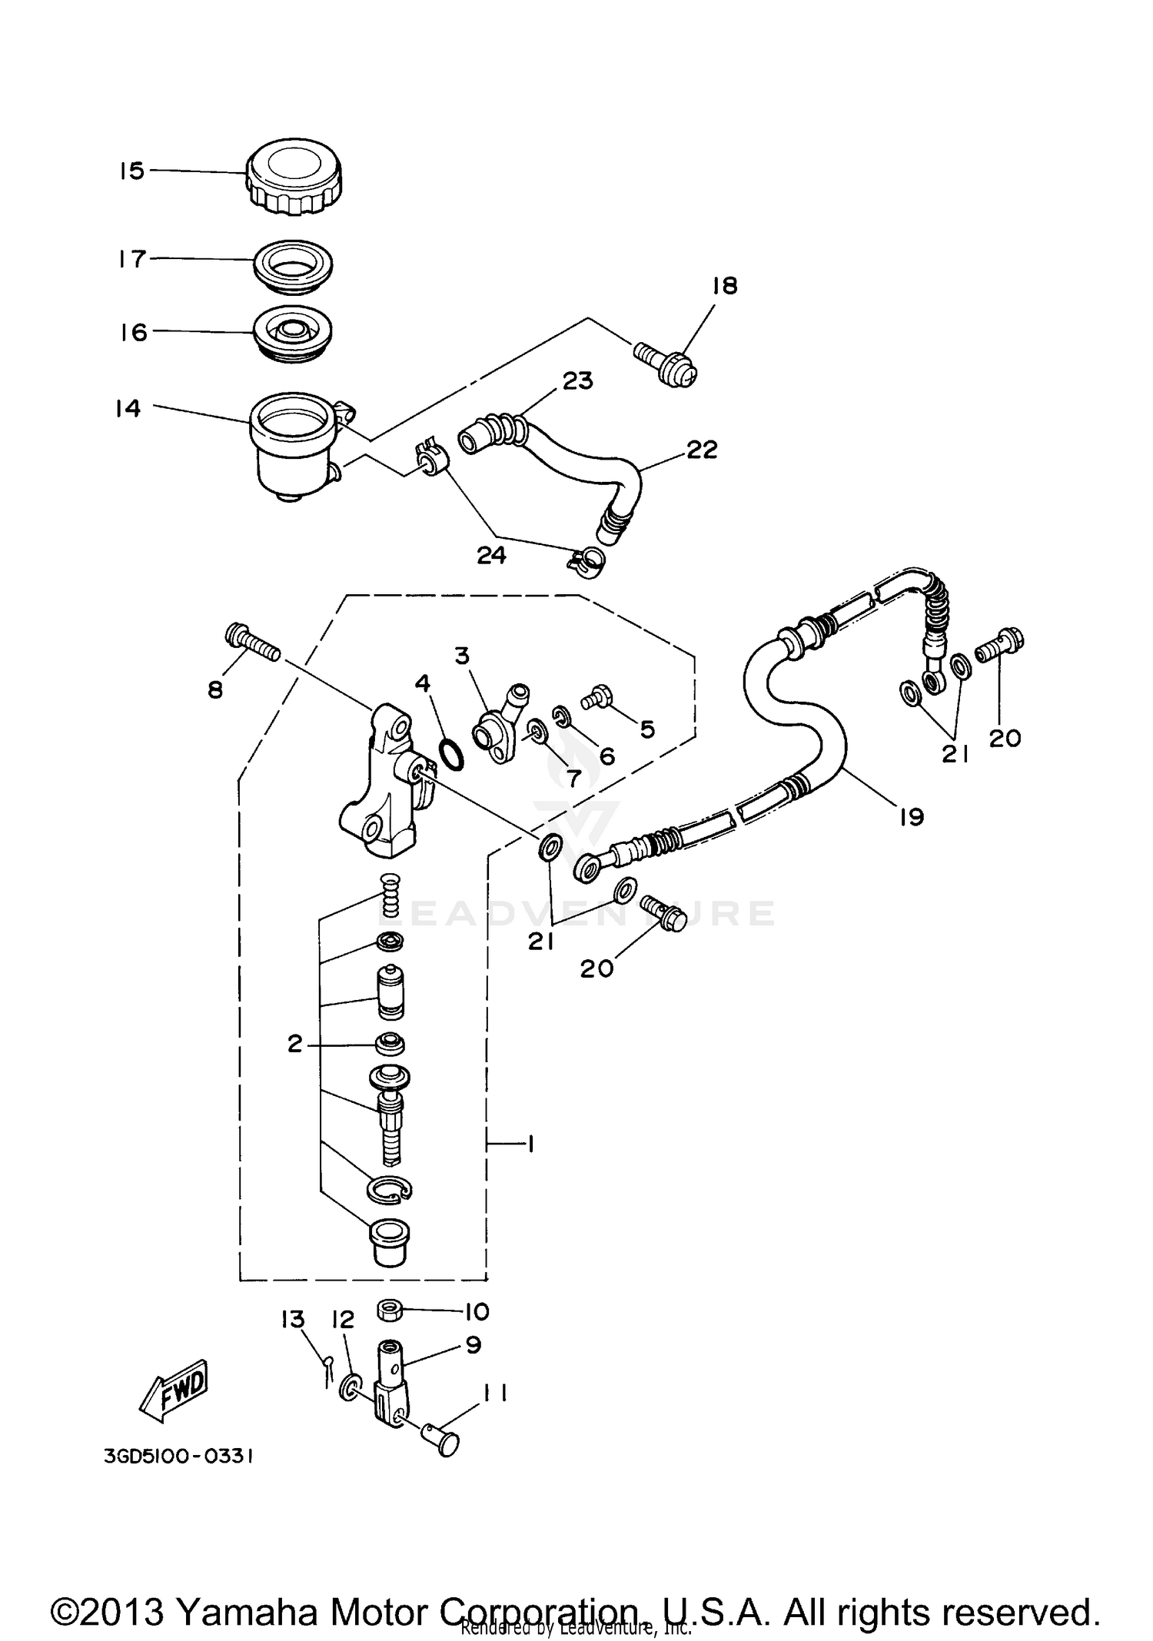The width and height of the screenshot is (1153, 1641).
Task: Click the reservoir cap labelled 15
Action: pyautogui.click(x=294, y=177)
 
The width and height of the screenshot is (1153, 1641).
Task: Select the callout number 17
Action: pyautogui.click(x=132, y=259)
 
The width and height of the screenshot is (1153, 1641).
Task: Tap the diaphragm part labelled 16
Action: pyautogui.click(x=293, y=334)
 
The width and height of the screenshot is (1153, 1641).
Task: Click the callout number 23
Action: pyautogui.click(x=577, y=381)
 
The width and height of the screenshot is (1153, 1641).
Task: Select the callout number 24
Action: pyautogui.click(x=491, y=555)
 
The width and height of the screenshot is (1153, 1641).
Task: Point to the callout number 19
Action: pyautogui.click(x=911, y=817)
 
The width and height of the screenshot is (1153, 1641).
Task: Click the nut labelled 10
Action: pyautogui.click(x=390, y=1310)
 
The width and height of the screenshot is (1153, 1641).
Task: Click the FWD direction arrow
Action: pyautogui.click(x=174, y=1390)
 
